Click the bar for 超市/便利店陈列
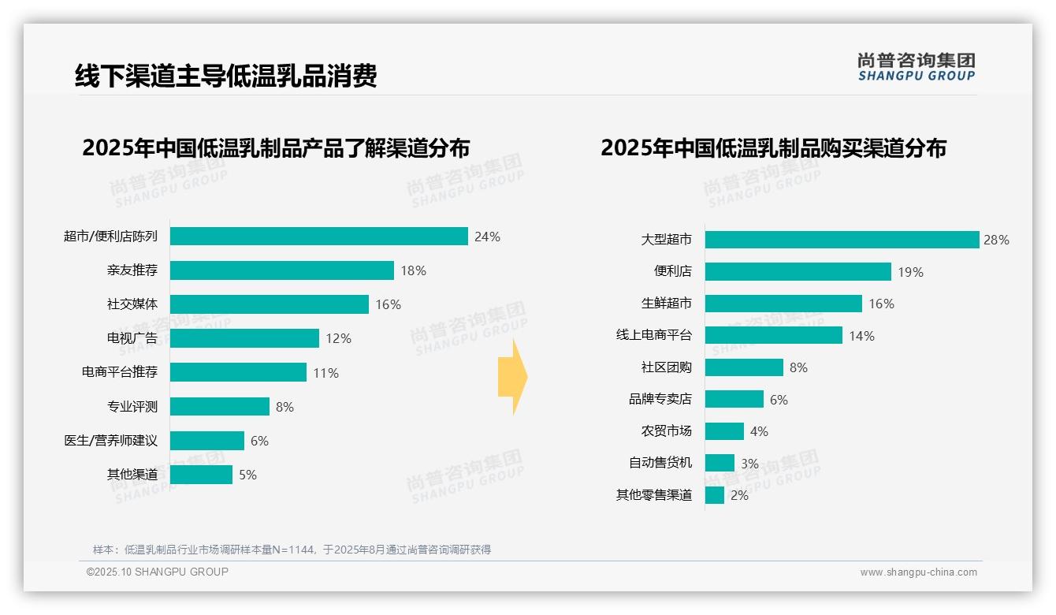coord(319,237)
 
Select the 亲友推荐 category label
coord(132,270)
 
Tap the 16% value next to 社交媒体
coord(388,304)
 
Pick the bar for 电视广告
coord(244,338)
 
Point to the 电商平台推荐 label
coord(120,372)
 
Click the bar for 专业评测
coord(220,406)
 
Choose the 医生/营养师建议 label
coord(111,441)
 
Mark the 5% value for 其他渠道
coord(247,475)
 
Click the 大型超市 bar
coord(842,240)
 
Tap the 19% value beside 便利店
coord(910,272)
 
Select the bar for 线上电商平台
coord(773,336)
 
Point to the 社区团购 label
coord(667,367)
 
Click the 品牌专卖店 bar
coord(734,400)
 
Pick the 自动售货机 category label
coord(660,463)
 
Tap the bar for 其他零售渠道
coord(715,495)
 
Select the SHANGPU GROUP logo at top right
coord(917,66)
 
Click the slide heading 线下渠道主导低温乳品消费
coord(226,75)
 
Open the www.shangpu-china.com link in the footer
coord(918,572)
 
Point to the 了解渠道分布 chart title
coord(276,148)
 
